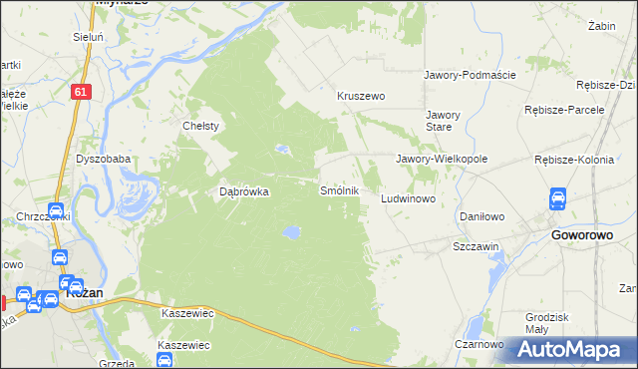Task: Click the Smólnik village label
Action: tap(339, 189)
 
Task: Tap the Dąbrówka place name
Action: tap(244, 192)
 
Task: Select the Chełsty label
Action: tap(200, 126)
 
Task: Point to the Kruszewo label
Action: tap(361, 97)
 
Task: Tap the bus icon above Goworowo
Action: tap(559, 199)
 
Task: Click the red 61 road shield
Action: tap(82, 91)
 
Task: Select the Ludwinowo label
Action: tap(409, 199)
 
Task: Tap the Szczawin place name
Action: tap(476, 245)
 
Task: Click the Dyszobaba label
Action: tap(103, 159)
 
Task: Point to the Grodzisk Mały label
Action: tap(546, 324)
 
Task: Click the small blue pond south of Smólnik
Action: tap(290, 232)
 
